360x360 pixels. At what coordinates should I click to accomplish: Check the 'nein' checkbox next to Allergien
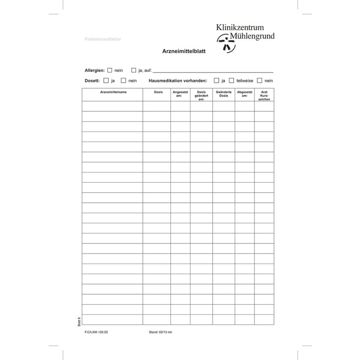coord(110,70)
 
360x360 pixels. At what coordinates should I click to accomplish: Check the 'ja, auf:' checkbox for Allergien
coord(134,70)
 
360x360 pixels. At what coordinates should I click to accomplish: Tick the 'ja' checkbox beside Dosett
coord(106,81)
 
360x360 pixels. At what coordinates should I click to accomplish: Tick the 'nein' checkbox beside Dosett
coord(123,81)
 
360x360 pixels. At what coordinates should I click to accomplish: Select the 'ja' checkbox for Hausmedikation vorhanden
coord(216,81)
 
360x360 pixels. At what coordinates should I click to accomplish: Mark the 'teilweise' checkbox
coord(232,81)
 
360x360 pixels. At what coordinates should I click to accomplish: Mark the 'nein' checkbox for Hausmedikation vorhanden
coord(259,81)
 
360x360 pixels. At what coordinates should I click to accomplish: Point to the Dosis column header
coord(158,92)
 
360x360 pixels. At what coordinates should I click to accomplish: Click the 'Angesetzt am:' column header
coord(180,94)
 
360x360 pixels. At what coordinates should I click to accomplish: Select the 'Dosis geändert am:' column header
coord(201,96)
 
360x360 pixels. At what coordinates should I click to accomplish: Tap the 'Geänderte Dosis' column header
coord(223,94)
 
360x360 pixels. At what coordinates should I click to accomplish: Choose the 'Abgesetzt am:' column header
coord(244,94)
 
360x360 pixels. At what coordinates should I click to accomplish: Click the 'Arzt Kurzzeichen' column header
coord(264,96)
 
